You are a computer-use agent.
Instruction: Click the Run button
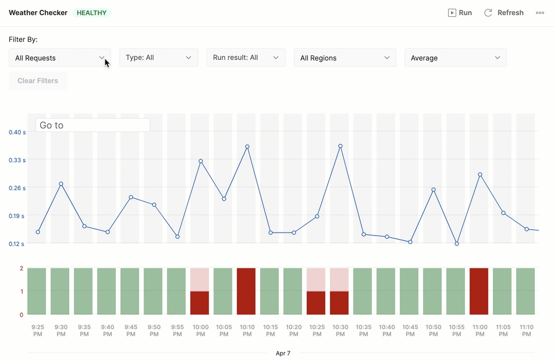pyautogui.click(x=460, y=13)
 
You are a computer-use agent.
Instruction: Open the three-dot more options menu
pyautogui.click(x=540, y=13)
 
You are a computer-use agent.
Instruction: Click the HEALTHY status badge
pyautogui.click(x=92, y=13)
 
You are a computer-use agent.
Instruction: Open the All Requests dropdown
pyautogui.click(x=60, y=58)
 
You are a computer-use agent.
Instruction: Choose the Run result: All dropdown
pyautogui.click(x=246, y=58)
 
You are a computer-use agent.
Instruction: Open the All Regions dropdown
pyautogui.click(x=345, y=58)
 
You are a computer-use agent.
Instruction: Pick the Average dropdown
pyautogui.click(x=456, y=58)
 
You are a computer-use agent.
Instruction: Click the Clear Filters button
pyautogui.click(x=38, y=81)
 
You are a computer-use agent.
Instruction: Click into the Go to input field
pyautogui.click(x=93, y=125)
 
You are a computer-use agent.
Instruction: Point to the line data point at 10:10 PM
pyautogui.click(x=247, y=147)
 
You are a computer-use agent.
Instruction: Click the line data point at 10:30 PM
pyautogui.click(x=340, y=146)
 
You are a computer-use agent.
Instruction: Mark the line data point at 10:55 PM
pyautogui.click(x=457, y=244)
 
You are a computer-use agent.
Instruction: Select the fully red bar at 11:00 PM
pyautogui.click(x=479, y=291)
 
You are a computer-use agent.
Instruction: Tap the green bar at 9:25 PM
pyautogui.click(x=37, y=291)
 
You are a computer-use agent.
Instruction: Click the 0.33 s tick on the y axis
pyautogui.click(x=17, y=160)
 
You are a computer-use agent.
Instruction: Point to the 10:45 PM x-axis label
pyautogui.click(x=410, y=330)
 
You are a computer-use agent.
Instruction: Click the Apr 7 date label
pyautogui.click(x=283, y=353)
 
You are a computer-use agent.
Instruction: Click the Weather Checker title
pyautogui.click(x=38, y=13)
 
